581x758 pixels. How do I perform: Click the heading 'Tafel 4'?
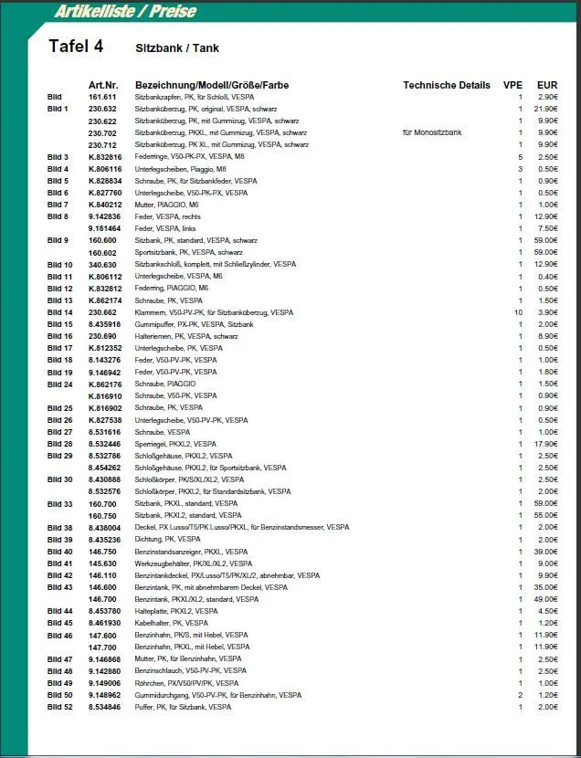tap(76, 47)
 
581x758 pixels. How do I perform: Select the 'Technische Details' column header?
tap(446, 85)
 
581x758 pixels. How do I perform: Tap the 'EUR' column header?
tap(547, 85)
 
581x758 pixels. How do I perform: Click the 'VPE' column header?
tap(512, 85)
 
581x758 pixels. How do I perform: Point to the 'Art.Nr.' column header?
tap(103, 85)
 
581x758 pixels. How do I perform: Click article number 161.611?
tap(102, 97)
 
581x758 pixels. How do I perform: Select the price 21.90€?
tap(546, 109)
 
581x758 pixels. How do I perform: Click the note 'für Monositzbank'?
tap(432, 132)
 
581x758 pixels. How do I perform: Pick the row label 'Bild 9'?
tap(58, 240)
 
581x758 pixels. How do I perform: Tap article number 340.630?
tap(102, 264)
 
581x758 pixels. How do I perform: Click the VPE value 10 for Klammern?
tap(518, 312)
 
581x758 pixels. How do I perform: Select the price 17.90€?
tap(546, 444)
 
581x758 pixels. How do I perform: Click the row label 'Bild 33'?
tap(59, 503)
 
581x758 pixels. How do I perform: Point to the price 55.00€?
tap(546, 515)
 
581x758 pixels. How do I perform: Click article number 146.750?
tap(102, 552)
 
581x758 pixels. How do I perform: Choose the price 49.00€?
tap(546, 599)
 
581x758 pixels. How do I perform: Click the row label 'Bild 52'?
tap(59, 707)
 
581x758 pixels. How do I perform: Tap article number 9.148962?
tap(104, 695)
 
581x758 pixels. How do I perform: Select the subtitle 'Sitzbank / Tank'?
tap(176, 47)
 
